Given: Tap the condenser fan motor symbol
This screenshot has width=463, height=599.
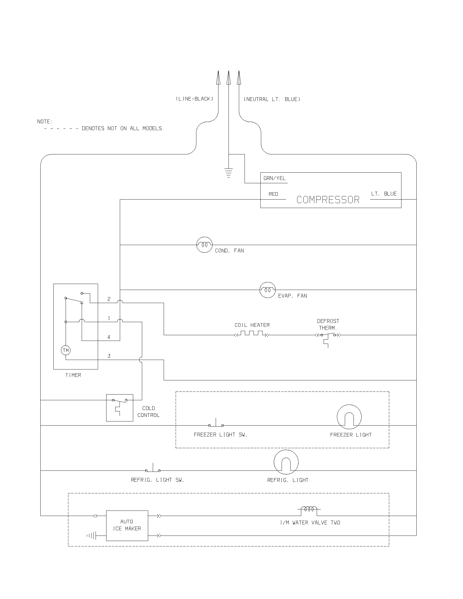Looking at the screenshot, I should [204, 245].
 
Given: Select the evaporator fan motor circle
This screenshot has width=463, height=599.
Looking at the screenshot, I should [267, 290].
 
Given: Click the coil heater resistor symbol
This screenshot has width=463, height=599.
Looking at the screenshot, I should [252, 334].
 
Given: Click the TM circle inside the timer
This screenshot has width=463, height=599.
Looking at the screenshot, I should [66, 350].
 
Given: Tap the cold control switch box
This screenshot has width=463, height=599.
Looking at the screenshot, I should [120, 408].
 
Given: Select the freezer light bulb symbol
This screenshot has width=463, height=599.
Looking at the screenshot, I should [349, 417].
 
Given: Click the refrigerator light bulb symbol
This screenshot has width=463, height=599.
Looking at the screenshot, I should [286, 462].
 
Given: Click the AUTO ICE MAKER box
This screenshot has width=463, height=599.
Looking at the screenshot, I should [127, 525].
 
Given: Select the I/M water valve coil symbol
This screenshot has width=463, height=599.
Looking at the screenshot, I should [309, 509].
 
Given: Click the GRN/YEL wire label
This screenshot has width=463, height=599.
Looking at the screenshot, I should [274, 178].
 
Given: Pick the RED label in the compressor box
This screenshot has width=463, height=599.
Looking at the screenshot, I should [273, 194].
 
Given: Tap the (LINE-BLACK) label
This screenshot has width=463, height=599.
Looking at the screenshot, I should [194, 99].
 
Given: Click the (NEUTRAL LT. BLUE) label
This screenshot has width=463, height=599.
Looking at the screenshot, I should [272, 99].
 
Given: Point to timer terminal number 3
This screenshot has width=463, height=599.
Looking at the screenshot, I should [109, 356].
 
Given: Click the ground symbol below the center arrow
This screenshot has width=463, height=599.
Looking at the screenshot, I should [229, 173].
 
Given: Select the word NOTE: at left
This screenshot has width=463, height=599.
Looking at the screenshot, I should [45, 121].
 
